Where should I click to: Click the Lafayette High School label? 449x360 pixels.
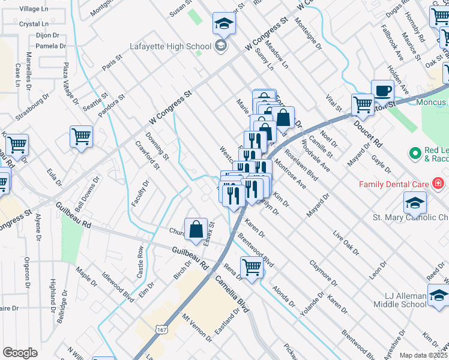[x=171, y=46]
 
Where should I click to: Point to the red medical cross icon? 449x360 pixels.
[x=438, y=182]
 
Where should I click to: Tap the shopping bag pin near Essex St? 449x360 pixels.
[x=196, y=229]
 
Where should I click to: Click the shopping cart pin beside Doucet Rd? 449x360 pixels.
[x=363, y=104]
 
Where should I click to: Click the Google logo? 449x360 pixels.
[x=20, y=353]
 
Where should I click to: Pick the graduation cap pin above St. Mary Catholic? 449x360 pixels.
[x=415, y=203]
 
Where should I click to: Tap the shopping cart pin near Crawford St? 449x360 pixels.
[x=81, y=136]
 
